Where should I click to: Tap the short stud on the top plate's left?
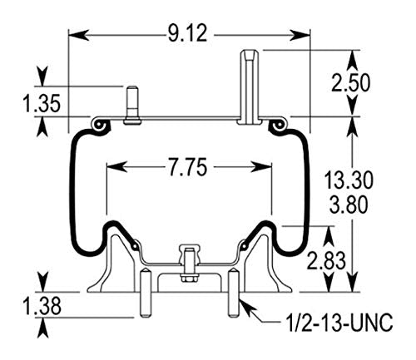[131, 103]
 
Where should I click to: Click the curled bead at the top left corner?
[101, 125]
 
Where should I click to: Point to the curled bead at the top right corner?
[277, 125]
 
